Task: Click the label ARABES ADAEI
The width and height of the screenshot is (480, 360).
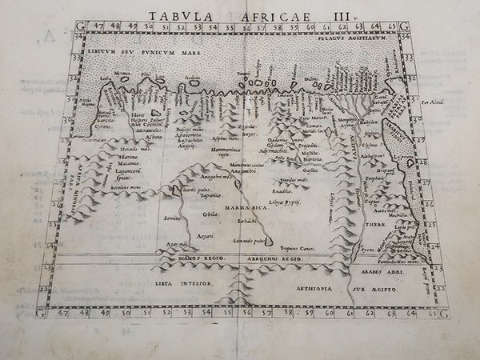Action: pyautogui.click(x=397, y=270)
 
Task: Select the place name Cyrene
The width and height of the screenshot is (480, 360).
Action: pyautogui.click(x=98, y=126)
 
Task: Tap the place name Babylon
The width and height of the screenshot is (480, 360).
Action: pyautogui.click(x=369, y=122)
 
